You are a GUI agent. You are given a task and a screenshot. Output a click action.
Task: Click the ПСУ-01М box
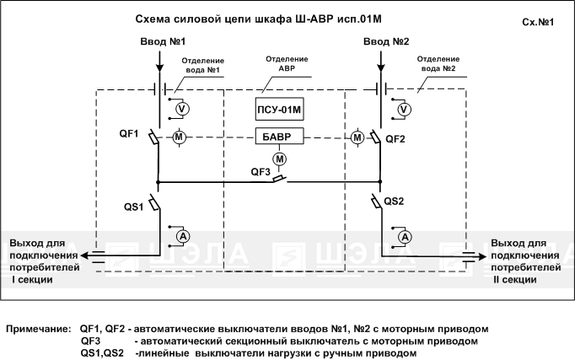tap(279, 109)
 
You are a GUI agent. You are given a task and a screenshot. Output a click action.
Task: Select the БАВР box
tap(279, 136)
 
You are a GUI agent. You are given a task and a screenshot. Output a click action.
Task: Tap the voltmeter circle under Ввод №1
tap(182, 109)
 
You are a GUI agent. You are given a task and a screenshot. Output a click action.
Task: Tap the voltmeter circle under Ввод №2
tap(404, 110)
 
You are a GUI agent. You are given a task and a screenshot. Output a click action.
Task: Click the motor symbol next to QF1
tap(179, 137)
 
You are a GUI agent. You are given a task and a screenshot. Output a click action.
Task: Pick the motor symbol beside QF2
tap(357, 137)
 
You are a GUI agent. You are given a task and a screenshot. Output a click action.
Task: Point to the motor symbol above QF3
tap(279, 159)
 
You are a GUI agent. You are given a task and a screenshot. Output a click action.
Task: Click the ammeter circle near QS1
tap(183, 236)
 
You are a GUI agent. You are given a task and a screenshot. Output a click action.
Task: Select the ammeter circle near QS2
tap(405, 237)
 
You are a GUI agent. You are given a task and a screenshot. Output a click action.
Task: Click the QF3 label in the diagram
tap(261, 171)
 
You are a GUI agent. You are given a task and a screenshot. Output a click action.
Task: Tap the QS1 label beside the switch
tap(133, 207)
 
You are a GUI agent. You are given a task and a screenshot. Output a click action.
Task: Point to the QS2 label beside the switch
tap(394, 201)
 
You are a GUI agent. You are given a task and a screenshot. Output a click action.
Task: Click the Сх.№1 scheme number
tap(538, 22)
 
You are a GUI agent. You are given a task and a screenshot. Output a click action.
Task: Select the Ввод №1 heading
tap(163, 41)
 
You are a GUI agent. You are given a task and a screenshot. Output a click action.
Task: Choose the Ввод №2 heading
tap(386, 41)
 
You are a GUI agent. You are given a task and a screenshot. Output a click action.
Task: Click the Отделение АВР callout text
tap(287, 63)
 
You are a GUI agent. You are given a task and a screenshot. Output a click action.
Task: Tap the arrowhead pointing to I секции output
tap(85, 255)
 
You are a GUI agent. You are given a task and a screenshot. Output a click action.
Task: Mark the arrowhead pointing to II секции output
tap(481, 256)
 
